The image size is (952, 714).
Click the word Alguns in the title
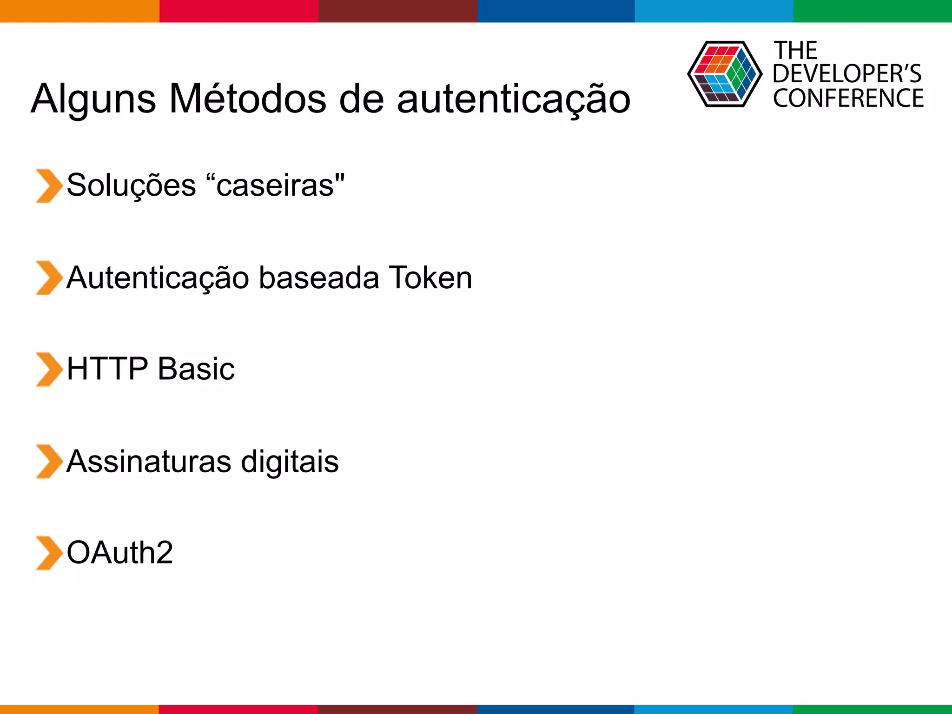[x=93, y=99]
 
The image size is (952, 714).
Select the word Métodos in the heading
[x=248, y=98]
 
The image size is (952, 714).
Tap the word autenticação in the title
[x=514, y=99]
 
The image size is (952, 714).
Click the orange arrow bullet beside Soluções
[x=48, y=186]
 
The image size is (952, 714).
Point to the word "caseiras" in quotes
[x=275, y=185]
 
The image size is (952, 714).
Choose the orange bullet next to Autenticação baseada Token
[x=48, y=278]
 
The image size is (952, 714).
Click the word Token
[x=430, y=278]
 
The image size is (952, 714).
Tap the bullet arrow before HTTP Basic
[x=48, y=370]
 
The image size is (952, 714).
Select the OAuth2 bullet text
[x=119, y=553]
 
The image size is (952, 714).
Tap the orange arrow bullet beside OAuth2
[x=48, y=553]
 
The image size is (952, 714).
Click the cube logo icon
[x=724, y=74]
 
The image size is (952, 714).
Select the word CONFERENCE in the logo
[x=848, y=98]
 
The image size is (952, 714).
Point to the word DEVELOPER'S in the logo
[x=847, y=74]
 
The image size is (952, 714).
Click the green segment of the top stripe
[x=873, y=11]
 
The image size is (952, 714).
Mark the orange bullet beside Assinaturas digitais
[x=48, y=462]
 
